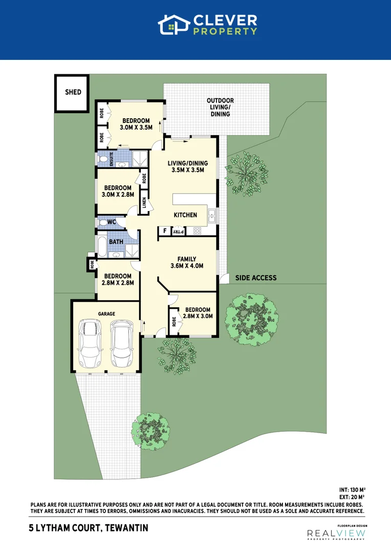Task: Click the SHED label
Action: click(x=73, y=93)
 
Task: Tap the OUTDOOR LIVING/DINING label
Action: click(x=220, y=107)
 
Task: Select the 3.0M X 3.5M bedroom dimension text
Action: click(x=136, y=127)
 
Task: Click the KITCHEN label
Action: click(x=185, y=215)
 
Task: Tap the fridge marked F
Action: click(x=164, y=231)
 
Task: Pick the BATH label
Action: click(x=116, y=241)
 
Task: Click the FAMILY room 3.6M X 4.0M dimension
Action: click(x=187, y=266)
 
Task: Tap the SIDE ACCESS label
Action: click(x=256, y=278)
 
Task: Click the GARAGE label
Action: click(x=106, y=313)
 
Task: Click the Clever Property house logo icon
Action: click(x=172, y=25)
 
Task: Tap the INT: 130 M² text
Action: click(x=352, y=490)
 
